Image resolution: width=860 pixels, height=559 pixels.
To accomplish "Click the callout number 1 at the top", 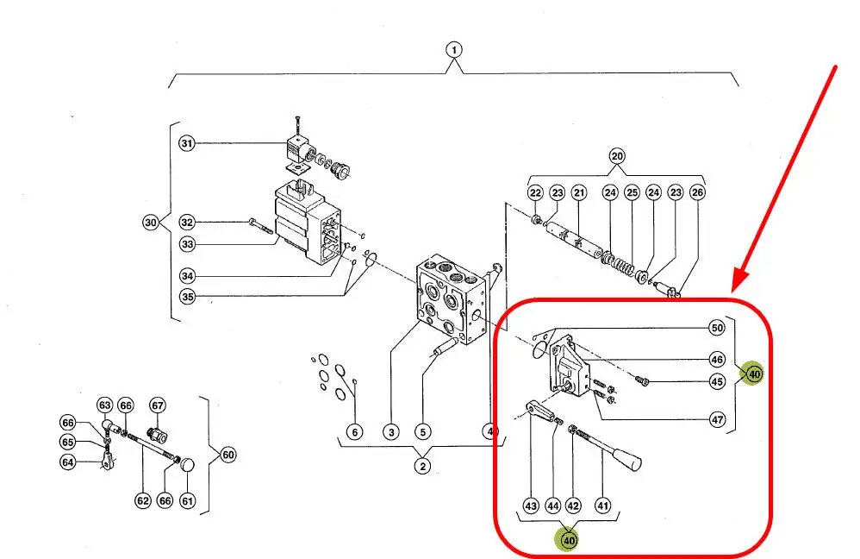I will click(x=454, y=49).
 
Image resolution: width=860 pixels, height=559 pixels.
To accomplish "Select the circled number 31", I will click(x=187, y=143).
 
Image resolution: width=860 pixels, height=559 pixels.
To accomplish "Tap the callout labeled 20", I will click(x=616, y=156).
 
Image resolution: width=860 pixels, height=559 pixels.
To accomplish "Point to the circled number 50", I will click(x=716, y=328).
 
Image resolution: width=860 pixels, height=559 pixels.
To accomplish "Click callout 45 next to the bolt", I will click(x=716, y=381).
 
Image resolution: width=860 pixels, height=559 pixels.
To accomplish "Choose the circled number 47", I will click(x=716, y=420).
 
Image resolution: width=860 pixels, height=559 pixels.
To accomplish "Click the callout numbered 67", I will click(x=158, y=405).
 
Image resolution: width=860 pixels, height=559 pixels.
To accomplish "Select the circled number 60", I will click(x=227, y=455).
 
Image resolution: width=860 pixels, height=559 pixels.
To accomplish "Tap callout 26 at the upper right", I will click(x=697, y=192).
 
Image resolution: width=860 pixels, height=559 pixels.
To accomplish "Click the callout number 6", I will click(x=355, y=431).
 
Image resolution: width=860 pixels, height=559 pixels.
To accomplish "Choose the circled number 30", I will click(x=151, y=223).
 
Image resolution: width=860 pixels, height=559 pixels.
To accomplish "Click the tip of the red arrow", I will click(x=735, y=290).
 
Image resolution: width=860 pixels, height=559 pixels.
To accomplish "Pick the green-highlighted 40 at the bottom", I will click(x=569, y=540).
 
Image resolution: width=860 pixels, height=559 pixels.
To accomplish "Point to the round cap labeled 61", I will click(x=187, y=466).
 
